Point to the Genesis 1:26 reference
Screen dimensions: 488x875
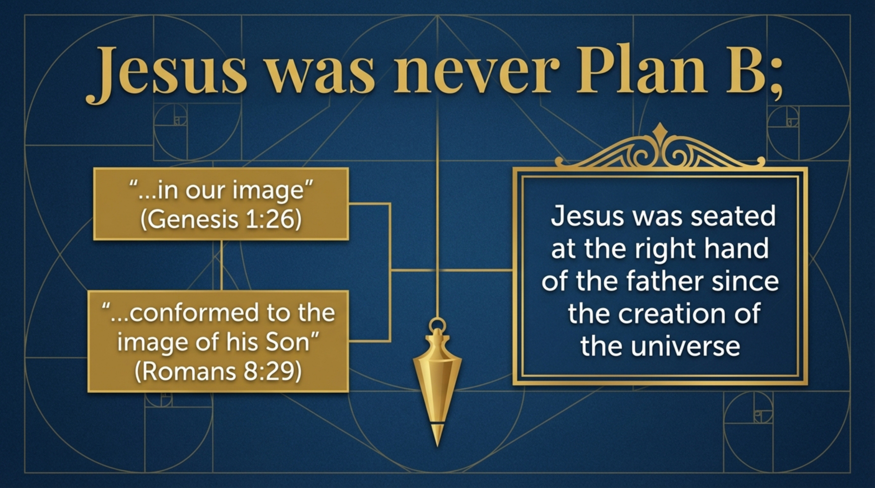(x=221, y=220)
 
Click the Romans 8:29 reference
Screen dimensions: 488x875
(x=218, y=372)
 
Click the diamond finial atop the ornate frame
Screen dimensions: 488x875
(x=660, y=129)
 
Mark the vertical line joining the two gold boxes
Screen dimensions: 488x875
(x=222, y=265)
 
